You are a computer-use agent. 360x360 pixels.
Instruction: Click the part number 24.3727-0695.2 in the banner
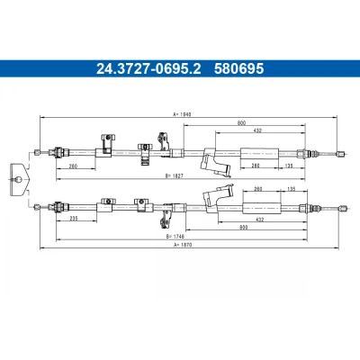(x=148, y=68)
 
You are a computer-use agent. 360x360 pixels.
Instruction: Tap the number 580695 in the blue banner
(x=238, y=68)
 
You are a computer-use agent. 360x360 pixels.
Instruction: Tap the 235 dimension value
(x=74, y=219)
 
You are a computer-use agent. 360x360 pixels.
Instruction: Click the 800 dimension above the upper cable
(x=241, y=122)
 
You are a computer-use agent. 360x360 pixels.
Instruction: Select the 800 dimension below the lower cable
(x=244, y=228)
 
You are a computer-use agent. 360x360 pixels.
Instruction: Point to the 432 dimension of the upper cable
(x=257, y=130)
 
